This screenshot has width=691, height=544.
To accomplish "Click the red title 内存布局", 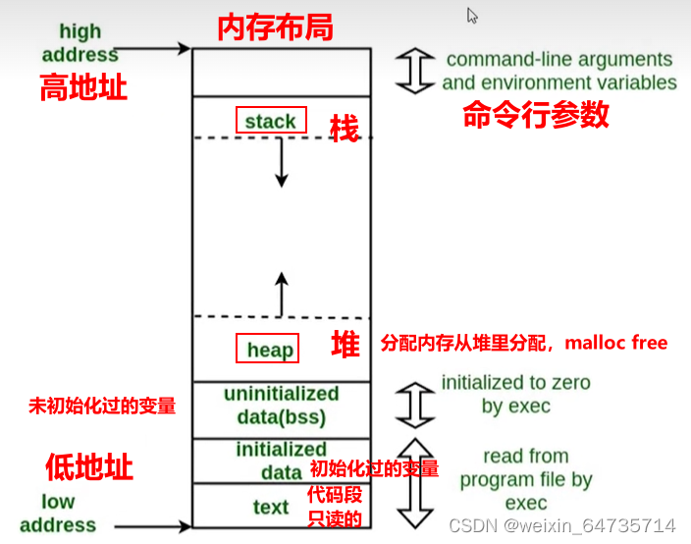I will pyautogui.click(x=275, y=27).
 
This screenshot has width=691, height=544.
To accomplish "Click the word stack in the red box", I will pyautogui.click(x=271, y=121).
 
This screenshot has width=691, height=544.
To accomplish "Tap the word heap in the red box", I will pyautogui.click(x=270, y=351).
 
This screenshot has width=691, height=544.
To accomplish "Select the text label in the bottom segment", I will pyautogui.click(x=270, y=508).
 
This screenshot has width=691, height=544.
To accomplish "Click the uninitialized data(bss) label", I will pyautogui.click(x=281, y=406).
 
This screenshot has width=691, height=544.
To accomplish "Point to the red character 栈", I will pyautogui.click(x=344, y=127).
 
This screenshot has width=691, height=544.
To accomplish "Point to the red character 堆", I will pyautogui.click(x=345, y=345).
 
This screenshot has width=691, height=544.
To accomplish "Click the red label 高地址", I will pyautogui.click(x=82, y=88).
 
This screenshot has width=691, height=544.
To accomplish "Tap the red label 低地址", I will pyautogui.click(x=88, y=466).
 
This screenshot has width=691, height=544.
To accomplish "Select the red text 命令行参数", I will pyautogui.click(x=536, y=116).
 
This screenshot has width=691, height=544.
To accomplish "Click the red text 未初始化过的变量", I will pyautogui.click(x=102, y=405).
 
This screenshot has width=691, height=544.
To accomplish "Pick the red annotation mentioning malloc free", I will pyautogui.click(x=523, y=343).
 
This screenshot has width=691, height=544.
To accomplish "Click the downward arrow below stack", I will pyautogui.click(x=282, y=162).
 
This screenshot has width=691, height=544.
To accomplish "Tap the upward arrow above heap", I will pyautogui.click(x=282, y=294).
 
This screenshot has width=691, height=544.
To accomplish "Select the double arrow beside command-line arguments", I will pyautogui.click(x=416, y=72).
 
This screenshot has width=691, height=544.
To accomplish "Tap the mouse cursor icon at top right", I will pyautogui.click(x=472, y=16).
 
